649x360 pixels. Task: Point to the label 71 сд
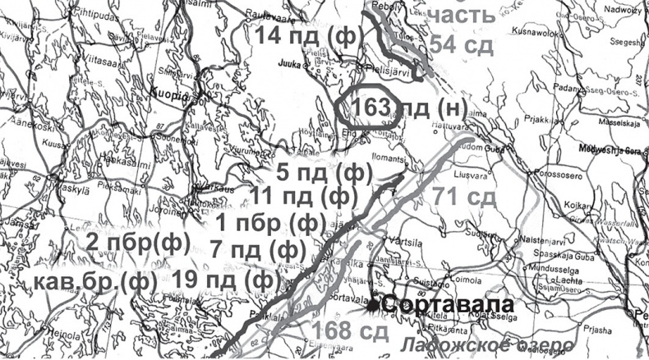(465, 198)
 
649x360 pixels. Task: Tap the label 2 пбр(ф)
(138, 242)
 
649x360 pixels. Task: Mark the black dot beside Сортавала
(373, 306)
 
